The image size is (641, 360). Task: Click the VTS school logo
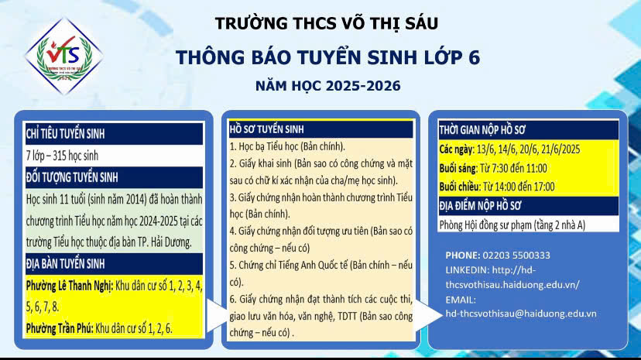[x=63, y=56]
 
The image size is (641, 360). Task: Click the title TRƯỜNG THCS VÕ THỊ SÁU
[x=327, y=23]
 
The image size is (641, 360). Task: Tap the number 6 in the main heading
[x=474, y=57]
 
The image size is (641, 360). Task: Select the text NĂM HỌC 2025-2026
[x=328, y=86]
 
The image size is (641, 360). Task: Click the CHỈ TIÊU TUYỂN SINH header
[x=65, y=134]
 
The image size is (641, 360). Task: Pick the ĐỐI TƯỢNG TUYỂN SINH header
[x=72, y=177]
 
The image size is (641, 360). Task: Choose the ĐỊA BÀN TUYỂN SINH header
[x=65, y=264]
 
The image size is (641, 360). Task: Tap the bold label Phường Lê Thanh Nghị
[x=69, y=286]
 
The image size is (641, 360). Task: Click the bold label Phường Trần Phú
[x=60, y=328]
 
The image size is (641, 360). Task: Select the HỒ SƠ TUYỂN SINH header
[x=266, y=129]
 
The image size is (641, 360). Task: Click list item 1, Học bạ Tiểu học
[x=287, y=146]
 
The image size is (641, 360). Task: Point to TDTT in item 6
[x=347, y=317]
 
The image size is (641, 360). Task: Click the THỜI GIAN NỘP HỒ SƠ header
[x=482, y=130]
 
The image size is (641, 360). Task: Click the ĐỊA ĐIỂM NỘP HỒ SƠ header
[x=480, y=205]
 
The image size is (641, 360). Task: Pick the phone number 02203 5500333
[x=516, y=255]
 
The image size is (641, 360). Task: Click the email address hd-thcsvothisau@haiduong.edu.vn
[x=521, y=314]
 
